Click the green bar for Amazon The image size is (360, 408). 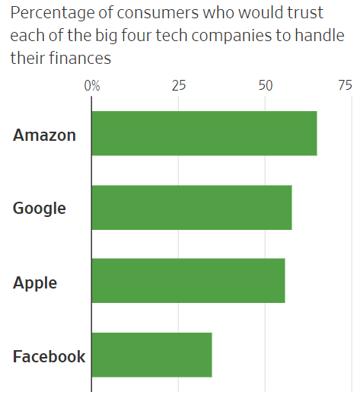click(205, 133)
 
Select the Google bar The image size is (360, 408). click(192, 208)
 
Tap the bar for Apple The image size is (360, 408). click(188, 280)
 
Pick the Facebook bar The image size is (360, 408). click(152, 355)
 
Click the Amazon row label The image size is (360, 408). click(44, 135)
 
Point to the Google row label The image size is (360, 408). click(40, 209)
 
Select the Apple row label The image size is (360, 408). click(35, 283)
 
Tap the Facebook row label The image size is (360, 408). click(49, 356)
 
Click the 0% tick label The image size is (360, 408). click(92, 85)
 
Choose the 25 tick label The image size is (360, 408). click(179, 85)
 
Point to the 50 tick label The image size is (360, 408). click(266, 85)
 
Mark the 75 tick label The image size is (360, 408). click(346, 85)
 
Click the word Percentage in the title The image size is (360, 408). click(53, 13)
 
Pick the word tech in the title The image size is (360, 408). click(171, 35)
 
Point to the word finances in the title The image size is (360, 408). click(80, 58)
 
